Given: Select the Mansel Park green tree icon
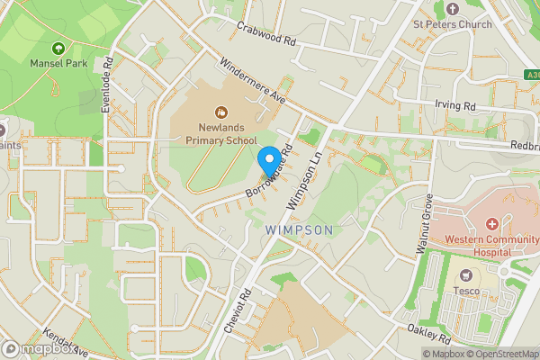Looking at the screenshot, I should click(59, 49).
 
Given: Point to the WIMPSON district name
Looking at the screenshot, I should click(300, 230).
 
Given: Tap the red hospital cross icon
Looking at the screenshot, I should click(492, 223).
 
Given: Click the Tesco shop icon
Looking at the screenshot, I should click(466, 274).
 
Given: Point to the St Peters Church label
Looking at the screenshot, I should click(453, 24).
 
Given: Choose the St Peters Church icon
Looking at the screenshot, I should click(453, 8).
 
